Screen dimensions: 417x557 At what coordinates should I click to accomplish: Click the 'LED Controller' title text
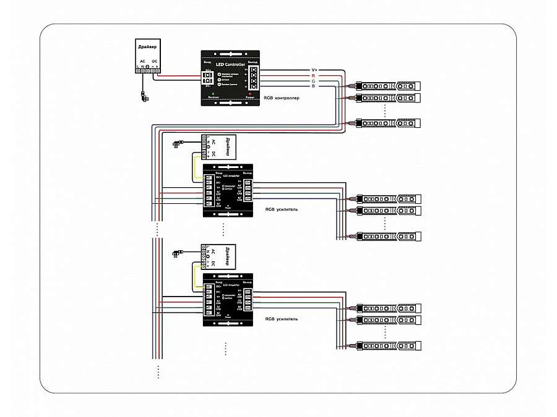click(x=231, y=65)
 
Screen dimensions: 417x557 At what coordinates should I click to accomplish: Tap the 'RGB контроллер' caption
click(x=281, y=98)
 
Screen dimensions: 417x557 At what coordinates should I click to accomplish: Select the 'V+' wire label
click(x=314, y=69)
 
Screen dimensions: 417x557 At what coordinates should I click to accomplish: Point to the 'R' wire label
click(x=314, y=75)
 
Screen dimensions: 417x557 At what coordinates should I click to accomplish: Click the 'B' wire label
click(x=314, y=86)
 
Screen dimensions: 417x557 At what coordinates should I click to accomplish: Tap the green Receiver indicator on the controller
click(x=213, y=93)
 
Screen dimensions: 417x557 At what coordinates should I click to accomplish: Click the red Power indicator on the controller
click(x=249, y=93)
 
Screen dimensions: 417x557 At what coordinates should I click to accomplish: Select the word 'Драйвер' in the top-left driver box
click(x=145, y=47)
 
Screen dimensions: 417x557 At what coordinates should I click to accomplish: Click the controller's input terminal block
click(x=209, y=78)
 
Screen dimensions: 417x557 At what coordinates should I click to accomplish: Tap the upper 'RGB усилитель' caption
click(x=281, y=209)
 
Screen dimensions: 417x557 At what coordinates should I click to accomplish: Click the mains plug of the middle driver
click(x=178, y=143)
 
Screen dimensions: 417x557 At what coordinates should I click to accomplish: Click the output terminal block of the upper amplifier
click(x=248, y=191)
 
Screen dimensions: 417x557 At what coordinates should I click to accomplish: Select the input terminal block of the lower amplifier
click(x=209, y=301)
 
